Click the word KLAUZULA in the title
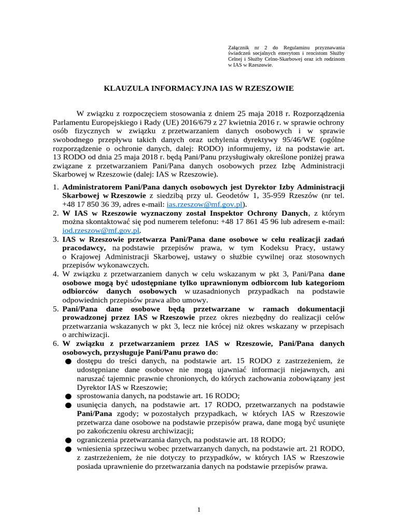(129, 89)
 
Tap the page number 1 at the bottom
(199, 510)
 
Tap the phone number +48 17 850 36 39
(90, 204)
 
